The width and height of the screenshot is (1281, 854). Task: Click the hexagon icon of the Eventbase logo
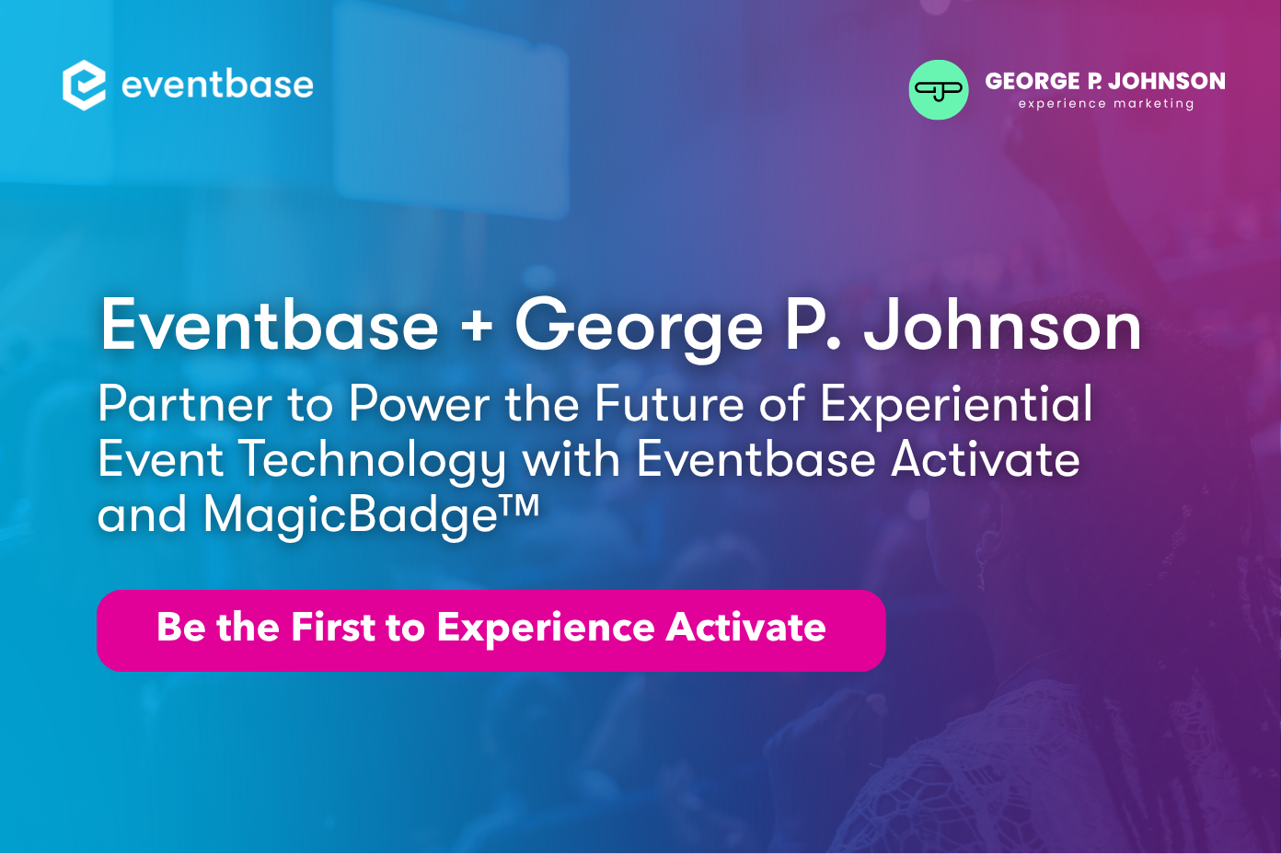84,86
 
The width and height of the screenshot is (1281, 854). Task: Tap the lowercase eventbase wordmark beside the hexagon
217,86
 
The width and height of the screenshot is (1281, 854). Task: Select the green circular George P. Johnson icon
938,90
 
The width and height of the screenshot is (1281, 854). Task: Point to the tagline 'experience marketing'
1105,104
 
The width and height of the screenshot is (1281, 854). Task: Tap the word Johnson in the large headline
1002,327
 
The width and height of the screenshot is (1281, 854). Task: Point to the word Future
669,404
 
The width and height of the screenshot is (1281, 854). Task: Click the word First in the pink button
333,628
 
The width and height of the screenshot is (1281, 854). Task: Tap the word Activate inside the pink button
745,628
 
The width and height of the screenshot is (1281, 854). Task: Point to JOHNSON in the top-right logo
1166,81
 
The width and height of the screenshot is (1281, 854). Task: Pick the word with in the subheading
571,459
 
